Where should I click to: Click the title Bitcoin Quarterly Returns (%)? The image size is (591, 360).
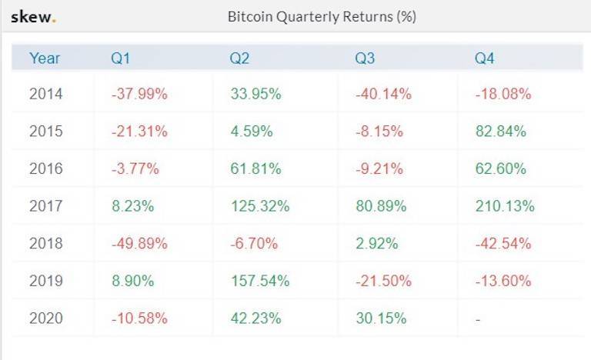(x=322, y=17)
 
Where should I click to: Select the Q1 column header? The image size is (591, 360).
(x=122, y=58)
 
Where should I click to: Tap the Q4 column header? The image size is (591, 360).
(x=485, y=58)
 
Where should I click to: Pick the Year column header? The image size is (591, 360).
(x=45, y=58)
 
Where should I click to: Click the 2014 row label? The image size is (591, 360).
(x=46, y=95)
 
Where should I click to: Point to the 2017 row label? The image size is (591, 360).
(x=46, y=206)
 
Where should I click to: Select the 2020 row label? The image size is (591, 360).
(x=46, y=318)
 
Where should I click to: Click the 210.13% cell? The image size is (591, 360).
(x=505, y=206)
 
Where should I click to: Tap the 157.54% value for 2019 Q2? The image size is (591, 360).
(x=260, y=281)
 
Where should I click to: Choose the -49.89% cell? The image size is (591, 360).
(x=139, y=244)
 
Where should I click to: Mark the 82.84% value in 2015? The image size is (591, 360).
(x=501, y=132)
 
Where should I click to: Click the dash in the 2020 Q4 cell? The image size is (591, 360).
(x=478, y=318)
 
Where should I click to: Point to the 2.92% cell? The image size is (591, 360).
(x=377, y=244)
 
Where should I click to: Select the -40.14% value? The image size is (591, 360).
(x=383, y=95)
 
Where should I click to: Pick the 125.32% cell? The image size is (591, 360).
(x=260, y=206)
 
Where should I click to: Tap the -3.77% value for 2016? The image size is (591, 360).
(x=135, y=169)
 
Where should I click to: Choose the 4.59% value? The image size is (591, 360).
(x=252, y=132)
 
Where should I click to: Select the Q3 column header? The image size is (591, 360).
(x=365, y=58)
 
